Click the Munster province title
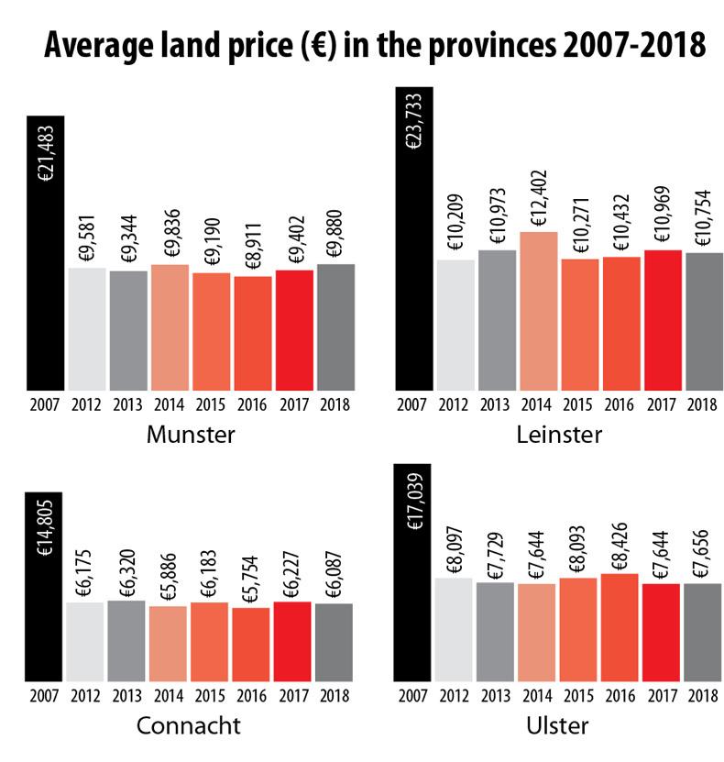[x=190, y=434]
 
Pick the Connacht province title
[x=188, y=726]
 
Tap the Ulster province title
[x=557, y=726]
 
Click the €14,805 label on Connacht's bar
[x=45, y=526]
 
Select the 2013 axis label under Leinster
[x=495, y=404]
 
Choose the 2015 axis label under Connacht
[x=211, y=693]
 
